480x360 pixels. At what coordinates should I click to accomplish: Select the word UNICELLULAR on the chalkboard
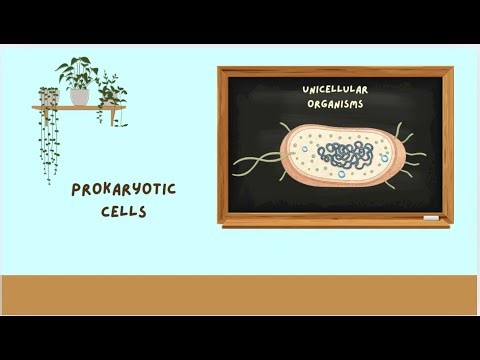point(335,89)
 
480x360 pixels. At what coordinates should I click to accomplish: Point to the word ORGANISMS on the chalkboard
point(335,103)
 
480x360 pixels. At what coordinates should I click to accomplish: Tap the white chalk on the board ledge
point(430,217)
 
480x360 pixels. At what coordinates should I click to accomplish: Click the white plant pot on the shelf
point(79,97)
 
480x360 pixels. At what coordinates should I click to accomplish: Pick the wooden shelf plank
point(75,108)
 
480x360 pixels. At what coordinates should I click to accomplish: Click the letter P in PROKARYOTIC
point(76,190)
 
